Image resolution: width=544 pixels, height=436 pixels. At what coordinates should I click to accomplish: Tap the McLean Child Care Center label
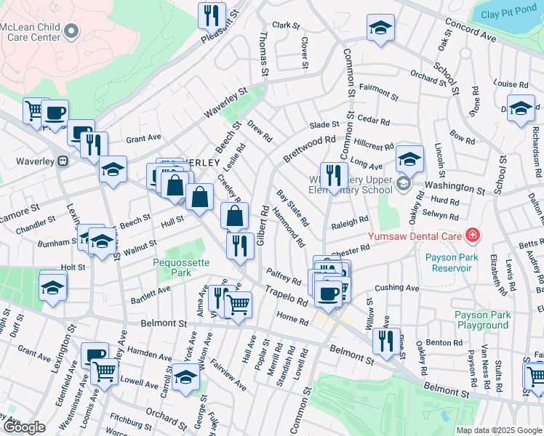click(x=30, y=31)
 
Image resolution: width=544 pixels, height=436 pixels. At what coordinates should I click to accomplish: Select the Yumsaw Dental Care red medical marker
click(x=473, y=235)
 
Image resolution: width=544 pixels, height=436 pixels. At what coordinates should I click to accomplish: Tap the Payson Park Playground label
click(x=481, y=320)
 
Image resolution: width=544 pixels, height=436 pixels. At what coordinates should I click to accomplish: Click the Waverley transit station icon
click(x=63, y=161)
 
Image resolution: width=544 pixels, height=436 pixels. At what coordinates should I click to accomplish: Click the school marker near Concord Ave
click(x=380, y=28)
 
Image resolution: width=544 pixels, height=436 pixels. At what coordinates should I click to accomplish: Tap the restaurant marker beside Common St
click(x=334, y=175)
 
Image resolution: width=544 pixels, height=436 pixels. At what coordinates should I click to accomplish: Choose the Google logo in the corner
click(x=24, y=427)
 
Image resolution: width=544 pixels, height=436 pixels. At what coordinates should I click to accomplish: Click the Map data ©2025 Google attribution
click(x=499, y=430)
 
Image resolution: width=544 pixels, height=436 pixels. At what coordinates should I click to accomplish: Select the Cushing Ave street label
click(x=397, y=288)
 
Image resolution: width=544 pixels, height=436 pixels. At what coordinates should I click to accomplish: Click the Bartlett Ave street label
click(x=150, y=294)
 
